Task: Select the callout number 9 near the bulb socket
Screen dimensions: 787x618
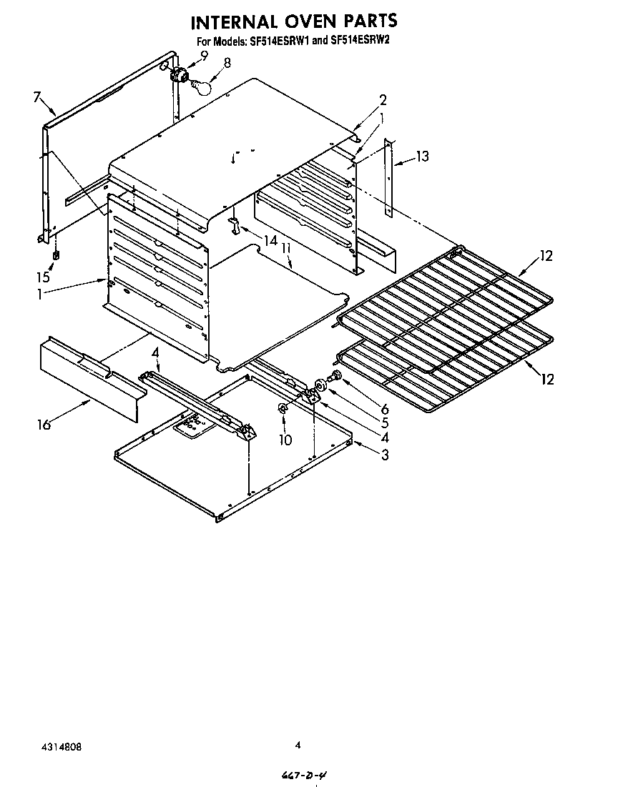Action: pyautogui.click(x=204, y=55)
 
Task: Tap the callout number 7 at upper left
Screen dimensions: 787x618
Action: pyautogui.click(x=38, y=99)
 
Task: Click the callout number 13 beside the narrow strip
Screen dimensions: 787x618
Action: pyautogui.click(x=423, y=157)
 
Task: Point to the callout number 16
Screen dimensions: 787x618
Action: pyautogui.click(x=44, y=425)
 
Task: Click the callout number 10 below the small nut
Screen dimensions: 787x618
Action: pyautogui.click(x=285, y=440)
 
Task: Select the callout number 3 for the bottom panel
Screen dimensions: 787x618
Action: pyautogui.click(x=385, y=455)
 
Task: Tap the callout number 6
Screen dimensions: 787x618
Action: pyautogui.click(x=384, y=409)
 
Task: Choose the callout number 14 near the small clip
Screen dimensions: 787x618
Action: pyautogui.click(x=269, y=241)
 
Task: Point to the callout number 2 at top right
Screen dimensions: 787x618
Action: pyautogui.click(x=383, y=99)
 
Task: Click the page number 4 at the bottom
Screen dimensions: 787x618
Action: pyautogui.click(x=298, y=745)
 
